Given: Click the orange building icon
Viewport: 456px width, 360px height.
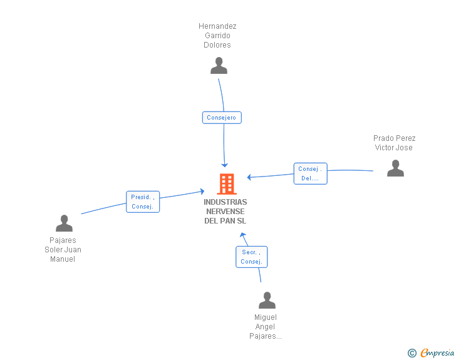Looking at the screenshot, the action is (x=227, y=184).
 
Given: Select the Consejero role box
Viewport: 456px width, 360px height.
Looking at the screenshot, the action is (x=222, y=118).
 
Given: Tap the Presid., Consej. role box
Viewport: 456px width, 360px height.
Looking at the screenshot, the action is (x=143, y=202).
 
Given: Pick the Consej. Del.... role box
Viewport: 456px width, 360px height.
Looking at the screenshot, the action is (x=310, y=173).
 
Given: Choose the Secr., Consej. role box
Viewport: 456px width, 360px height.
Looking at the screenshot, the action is (x=252, y=257).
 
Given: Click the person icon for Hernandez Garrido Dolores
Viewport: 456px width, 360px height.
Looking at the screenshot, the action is (x=219, y=66).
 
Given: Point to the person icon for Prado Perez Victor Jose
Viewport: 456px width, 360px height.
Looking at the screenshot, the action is (x=395, y=168).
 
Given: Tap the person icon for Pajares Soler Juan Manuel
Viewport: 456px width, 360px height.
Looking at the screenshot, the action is (x=65, y=224).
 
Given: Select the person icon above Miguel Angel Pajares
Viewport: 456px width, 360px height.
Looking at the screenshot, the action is (x=267, y=300).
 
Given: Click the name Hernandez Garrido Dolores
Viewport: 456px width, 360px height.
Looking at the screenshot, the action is (x=217, y=36).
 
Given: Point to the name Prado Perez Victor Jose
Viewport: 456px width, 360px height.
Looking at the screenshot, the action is (x=394, y=143).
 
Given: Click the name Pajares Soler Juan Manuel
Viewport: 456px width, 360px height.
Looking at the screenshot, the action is (x=63, y=250).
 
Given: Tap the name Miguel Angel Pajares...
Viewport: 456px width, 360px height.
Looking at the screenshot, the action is (x=266, y=327).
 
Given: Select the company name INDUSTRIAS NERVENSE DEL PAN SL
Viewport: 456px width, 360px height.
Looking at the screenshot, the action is (x=225, y=212).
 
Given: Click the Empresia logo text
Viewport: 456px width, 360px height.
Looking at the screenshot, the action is (x=437, y=352).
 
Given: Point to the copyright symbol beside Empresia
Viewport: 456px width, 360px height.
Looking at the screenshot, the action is (x=412, y=353).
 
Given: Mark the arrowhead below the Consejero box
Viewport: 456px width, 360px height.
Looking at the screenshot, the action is (x=224, y=165).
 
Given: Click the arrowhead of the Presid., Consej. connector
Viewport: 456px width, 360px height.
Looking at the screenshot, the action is (x=202, y=192).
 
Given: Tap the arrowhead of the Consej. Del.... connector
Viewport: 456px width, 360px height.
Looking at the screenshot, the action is (x=249, y=177).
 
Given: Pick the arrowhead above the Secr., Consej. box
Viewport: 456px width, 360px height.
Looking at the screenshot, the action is (x=243, y=235).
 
